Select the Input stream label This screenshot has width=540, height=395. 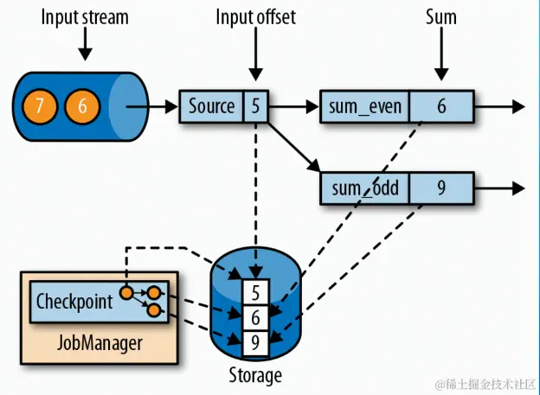(84, 17)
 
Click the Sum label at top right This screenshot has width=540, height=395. (441, 17)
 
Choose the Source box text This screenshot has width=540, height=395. (212, 106)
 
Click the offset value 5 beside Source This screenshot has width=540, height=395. (256, 106)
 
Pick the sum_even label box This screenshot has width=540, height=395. (363, 106)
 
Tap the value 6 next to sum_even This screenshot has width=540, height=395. (441, 106)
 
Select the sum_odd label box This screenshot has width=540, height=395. (363, 188)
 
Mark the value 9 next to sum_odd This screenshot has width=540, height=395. (441, 188)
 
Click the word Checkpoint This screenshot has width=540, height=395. (74, 302)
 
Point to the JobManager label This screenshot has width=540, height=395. (98, 342)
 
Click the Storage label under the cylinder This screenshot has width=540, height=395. (254, 375)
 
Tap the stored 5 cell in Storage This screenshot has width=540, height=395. (255, 293)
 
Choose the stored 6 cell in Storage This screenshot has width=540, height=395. (255, 317)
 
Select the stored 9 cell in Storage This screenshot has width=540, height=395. (255, 341)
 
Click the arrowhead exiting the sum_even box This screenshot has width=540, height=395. (517, 106)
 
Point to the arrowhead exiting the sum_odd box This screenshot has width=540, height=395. (517, 188)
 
